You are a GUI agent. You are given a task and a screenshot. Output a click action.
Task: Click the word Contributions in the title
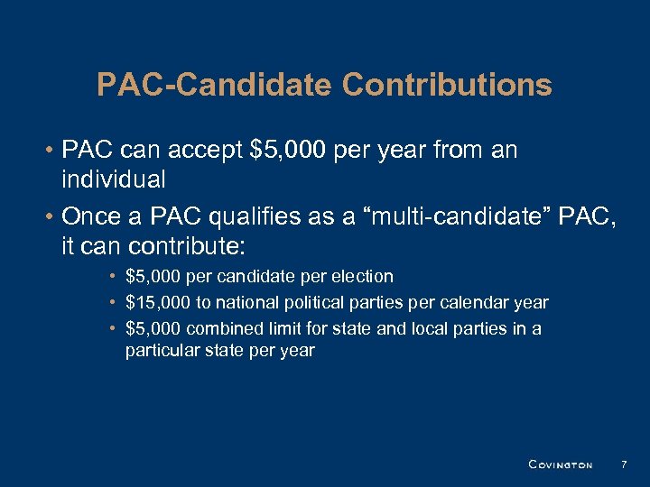point(447,85)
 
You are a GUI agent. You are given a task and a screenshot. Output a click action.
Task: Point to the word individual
point(113,179)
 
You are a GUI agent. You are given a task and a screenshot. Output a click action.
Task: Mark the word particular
point(160,350)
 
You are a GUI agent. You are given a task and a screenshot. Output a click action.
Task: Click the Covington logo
point(560,465)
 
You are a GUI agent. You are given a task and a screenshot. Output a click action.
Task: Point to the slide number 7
point(623,464)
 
